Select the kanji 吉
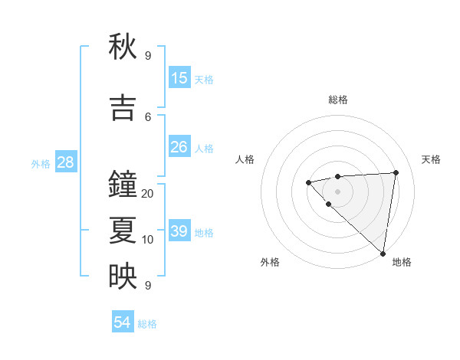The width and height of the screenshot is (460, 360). [123, 106]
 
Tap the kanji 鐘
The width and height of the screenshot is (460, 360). [123, 185]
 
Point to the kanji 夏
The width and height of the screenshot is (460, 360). [123, 230]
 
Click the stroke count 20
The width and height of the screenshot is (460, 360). [148, 194]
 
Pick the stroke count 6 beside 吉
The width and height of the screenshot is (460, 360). [148, 116]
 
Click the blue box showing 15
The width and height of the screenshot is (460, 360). [179, 78]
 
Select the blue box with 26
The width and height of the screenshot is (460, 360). [179, 147]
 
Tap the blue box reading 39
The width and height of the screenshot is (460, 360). [179, 231]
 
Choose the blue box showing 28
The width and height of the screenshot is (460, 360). [65, 162]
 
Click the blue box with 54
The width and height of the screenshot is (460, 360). [123, 322]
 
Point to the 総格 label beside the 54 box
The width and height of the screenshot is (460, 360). [147, 324]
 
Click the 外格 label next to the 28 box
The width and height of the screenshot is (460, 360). [41, 164]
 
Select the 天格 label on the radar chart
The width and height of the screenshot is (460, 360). [432, 159]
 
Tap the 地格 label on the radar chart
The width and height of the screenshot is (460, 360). [402, 262]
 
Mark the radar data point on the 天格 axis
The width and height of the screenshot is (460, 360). [396, 172]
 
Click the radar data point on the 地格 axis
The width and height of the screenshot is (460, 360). [383, 253]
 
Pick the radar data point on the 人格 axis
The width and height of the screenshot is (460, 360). [308, 182]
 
